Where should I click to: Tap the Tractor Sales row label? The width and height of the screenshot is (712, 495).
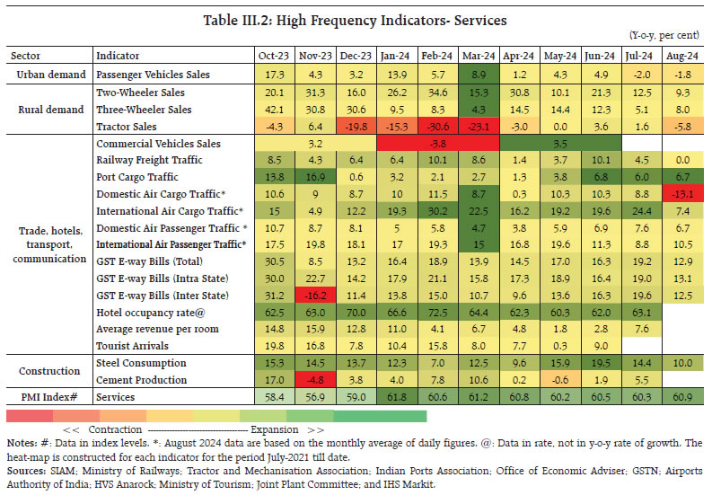(127, 125)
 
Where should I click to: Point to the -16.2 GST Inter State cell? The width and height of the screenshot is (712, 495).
(308, 296)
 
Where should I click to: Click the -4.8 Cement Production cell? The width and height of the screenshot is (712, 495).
(308, 380)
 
